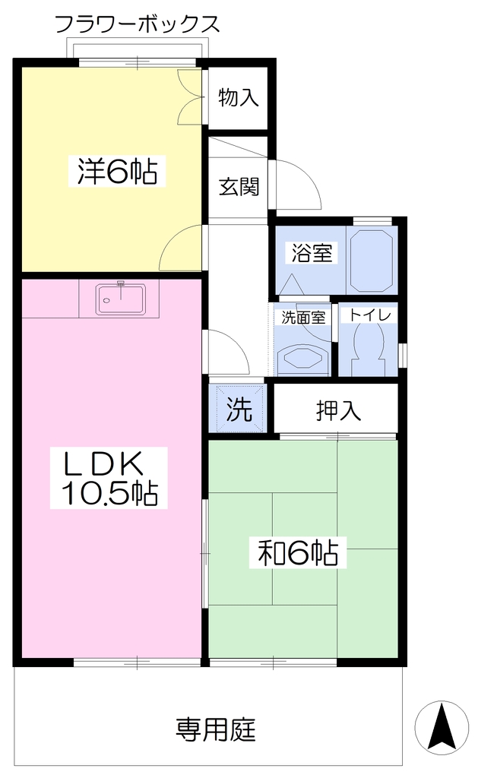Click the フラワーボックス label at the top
(137, 24)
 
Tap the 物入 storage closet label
(239, 97)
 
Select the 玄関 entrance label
(239, 187)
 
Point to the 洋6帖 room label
(116, 171)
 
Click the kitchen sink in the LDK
(122, 299)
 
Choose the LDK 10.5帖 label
(109, 479)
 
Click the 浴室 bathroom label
(312, 253)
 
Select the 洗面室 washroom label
(302, 317)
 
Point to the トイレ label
(370, 315)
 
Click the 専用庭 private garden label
(216, 729)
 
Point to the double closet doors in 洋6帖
(190, 96)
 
